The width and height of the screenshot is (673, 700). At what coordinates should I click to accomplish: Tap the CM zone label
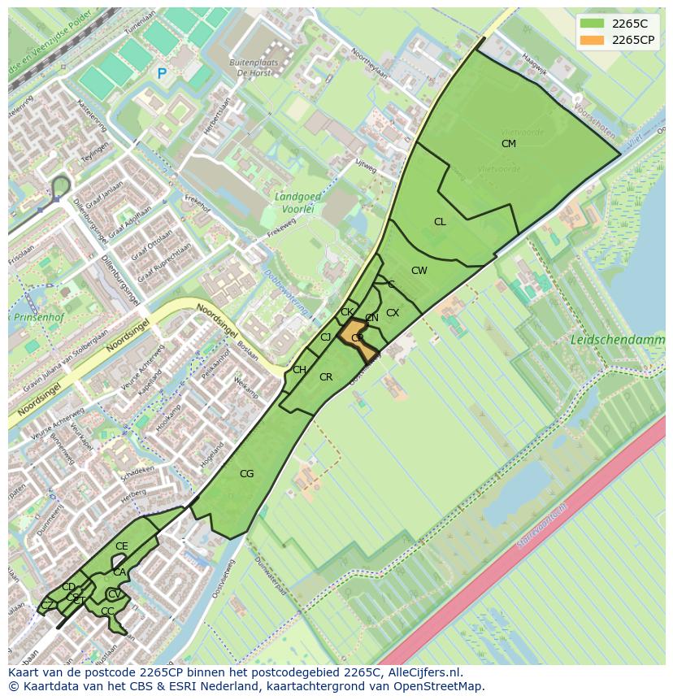(x=509, y=144)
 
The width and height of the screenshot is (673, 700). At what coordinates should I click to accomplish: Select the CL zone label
(x=440, y=222)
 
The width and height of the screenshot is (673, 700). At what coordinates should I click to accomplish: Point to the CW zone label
(x=419, y=271)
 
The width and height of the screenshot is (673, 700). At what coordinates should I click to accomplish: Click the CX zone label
(x=393, y=313)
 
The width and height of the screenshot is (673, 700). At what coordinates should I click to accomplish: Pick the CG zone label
(x=246, y=474)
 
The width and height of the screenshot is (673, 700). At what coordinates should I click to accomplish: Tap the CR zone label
(x=326, y=377)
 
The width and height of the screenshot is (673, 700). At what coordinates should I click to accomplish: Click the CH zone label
(x=299, y=370)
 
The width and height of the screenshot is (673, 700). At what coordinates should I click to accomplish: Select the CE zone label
(x=122, y=546)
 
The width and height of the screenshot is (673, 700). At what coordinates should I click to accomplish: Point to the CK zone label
(x=347, y=312)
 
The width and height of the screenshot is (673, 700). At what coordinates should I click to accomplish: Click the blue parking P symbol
(x=162, y=74)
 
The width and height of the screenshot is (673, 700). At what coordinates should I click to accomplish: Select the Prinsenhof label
(x=33, y=317)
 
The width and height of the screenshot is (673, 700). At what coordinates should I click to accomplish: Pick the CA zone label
(x=119, y=572)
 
